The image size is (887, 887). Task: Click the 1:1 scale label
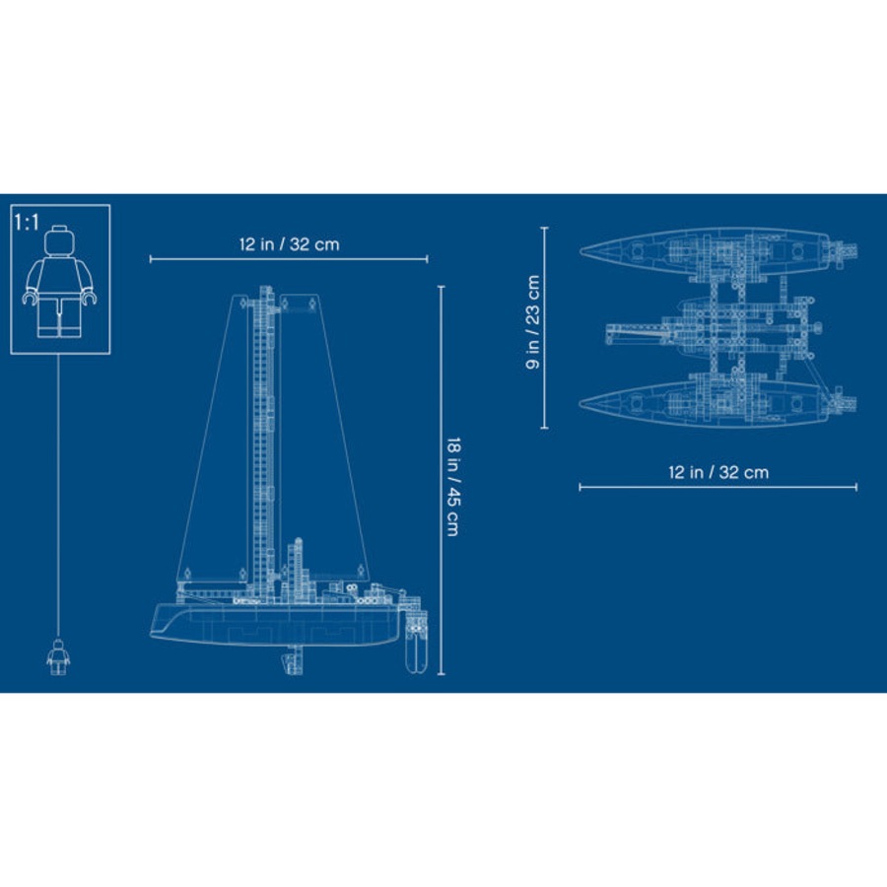click(27, 223)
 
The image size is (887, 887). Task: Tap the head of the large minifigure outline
click(59, 240)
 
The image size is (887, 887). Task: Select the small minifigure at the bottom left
click(58, 656)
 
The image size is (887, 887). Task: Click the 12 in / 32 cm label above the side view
click(289, 244)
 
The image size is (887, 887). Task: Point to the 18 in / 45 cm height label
click(453, 486)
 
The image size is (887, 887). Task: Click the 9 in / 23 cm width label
click(532, 322)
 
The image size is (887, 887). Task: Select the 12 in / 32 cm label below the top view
click(718, 472)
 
